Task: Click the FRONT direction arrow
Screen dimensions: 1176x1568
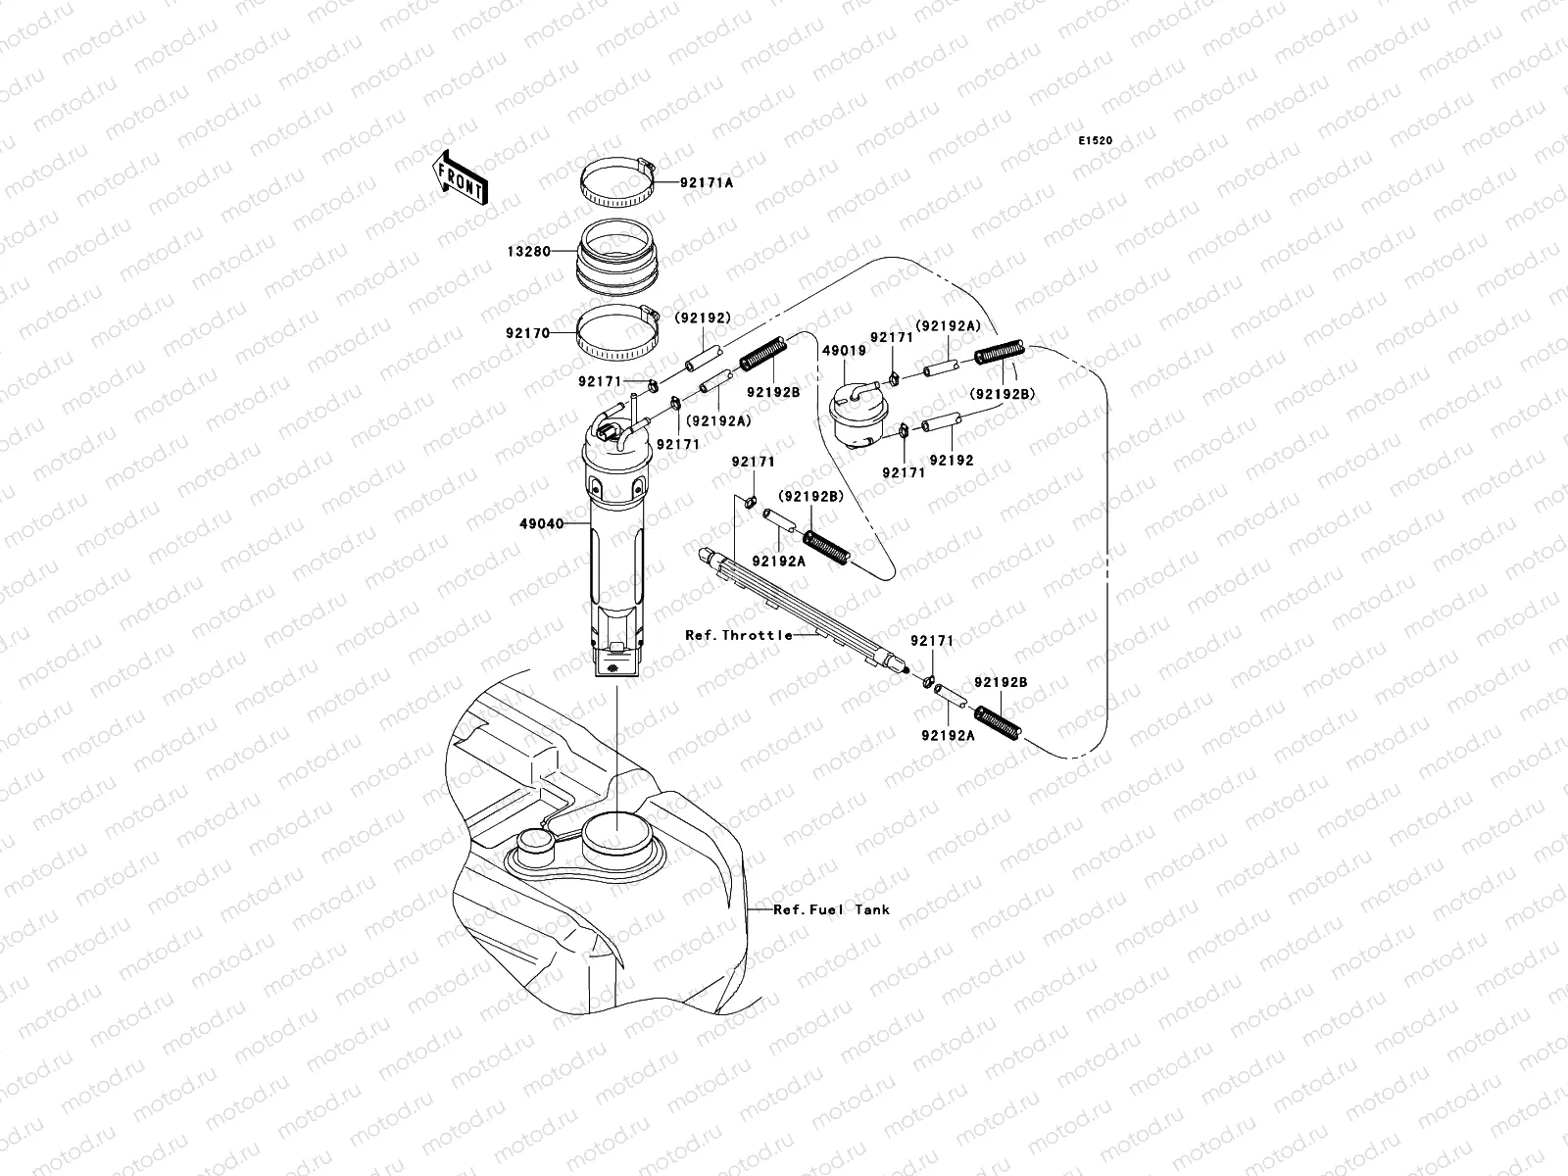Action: (x=460, y=176)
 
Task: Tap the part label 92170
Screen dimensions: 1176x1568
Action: (x=526, y=332)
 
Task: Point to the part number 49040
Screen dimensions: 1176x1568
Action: (x=541, y=523)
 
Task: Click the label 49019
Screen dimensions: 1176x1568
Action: (x=843, y=348)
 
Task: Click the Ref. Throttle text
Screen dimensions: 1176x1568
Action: (x=739, y=635)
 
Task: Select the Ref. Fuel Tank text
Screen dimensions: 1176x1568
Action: (x=831, y=909)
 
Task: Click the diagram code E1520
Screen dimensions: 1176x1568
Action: (x=1096, y=141)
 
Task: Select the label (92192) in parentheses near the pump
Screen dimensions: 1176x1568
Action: (x=702, y=318)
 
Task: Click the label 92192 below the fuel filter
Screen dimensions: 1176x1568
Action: (x=951, y=460)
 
